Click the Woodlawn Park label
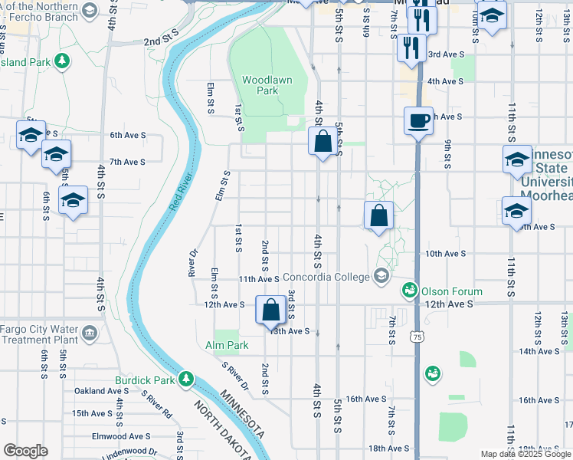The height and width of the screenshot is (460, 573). point(260,84)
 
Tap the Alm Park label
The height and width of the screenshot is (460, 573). point(227,346)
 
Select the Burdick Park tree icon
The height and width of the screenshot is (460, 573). point(185,379)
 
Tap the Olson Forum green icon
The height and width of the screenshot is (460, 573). point(411,291)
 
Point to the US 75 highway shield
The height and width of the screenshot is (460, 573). point(415,337)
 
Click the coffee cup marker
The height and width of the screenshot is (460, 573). point(419,121)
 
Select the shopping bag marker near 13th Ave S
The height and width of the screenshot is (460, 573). point(271,310)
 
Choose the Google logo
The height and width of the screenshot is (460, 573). point(25,451)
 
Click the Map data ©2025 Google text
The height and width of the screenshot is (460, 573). point(526,454)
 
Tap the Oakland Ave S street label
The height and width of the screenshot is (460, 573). point(102,391)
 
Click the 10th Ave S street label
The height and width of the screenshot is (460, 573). point(445,253)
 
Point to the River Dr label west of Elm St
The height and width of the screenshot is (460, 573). point(193,262)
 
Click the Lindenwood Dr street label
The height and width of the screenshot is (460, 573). point(131,454)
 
